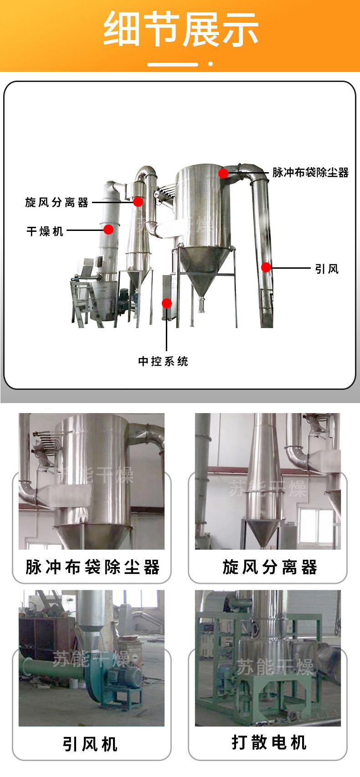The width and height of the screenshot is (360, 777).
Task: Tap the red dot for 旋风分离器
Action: (138, 201)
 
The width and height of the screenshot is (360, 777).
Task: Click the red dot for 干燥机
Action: (108, 229)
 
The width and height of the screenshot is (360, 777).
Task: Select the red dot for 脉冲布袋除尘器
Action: (224, 173)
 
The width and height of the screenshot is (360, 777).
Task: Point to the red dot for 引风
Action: (266, 267)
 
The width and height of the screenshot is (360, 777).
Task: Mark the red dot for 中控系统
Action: (167, 303)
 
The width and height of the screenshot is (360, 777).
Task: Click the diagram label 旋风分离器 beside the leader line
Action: (57, 202)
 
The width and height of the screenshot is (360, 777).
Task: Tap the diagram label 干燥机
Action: (45, 231)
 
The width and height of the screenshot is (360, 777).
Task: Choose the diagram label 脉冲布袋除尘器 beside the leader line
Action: (310, 173)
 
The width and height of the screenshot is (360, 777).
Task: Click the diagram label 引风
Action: (327, 269)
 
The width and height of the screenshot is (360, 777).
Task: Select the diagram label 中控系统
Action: (163, 361)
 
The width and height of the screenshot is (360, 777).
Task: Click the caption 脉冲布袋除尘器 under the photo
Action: (93, 567)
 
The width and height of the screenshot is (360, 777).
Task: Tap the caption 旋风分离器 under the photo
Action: (270, 567)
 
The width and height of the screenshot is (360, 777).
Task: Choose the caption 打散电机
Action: (269, 743)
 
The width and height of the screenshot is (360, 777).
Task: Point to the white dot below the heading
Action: (211, 64)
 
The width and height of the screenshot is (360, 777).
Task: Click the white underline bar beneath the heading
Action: (173, 64)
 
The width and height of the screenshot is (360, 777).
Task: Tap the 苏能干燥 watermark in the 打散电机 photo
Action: (275, 667)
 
